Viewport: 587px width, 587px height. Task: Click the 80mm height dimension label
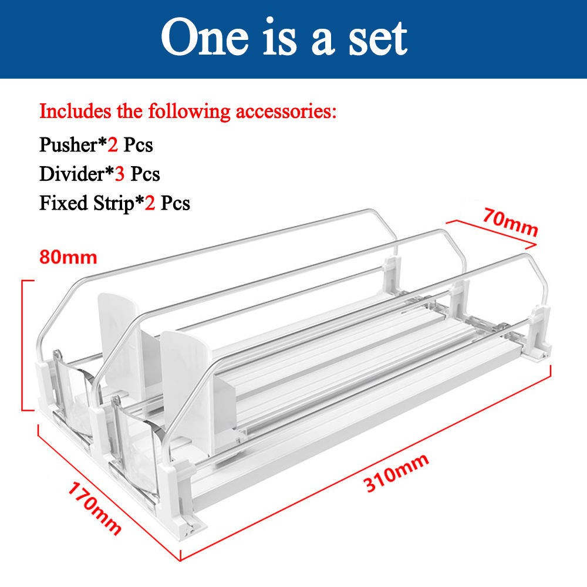coord(68,257)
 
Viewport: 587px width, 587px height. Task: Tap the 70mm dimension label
coord(511,222)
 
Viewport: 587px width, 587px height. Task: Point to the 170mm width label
coord(95,508)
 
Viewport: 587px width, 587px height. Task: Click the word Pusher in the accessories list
coord(68,145)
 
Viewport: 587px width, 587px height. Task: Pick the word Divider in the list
coord(72,174)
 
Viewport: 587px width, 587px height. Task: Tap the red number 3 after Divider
coord(119,174)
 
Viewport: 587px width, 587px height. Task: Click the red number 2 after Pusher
coord(113,145)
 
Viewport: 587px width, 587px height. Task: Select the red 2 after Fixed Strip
coord(150,203)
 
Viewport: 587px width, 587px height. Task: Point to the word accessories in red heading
coord(286,112)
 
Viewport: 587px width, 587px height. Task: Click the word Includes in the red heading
coord(75,111)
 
